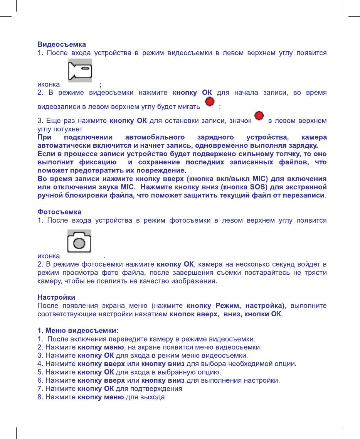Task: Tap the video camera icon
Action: point(80,71)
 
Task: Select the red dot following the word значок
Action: point(259,116)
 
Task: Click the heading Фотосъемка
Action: point(59,212)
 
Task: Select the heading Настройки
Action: point(56,297)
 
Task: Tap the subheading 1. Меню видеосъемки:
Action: point(77,331)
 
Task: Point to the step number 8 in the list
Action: point(39,397)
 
